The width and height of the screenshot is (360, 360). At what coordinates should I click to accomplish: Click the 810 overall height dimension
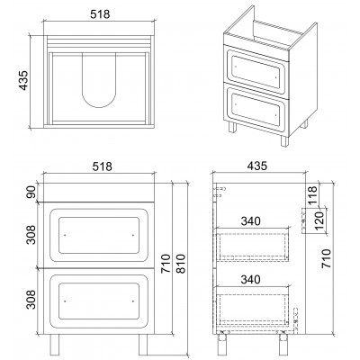tap(181, 264)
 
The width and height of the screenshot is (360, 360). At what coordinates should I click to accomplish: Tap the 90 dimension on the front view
tap(31, 192)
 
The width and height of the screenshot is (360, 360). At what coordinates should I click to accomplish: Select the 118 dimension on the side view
tap(312, 195)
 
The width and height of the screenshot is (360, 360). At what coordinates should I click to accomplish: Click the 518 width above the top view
tap(100, 14)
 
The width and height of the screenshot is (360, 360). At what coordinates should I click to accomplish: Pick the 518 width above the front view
tap(102, 166)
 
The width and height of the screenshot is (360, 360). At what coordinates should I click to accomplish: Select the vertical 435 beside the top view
tap(23, 80)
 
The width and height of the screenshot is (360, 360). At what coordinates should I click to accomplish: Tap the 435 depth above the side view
tap(257, 166)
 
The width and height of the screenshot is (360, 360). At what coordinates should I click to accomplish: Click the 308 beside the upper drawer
tap(31, 235)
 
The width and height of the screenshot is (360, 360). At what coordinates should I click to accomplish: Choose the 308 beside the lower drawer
tap(31, 299)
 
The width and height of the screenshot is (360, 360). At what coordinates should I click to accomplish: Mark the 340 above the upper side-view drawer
tap(250, 221)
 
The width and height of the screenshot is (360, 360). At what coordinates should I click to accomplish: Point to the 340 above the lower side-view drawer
tap(250, 280)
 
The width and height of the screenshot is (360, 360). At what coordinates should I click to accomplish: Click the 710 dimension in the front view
tap(166, 264)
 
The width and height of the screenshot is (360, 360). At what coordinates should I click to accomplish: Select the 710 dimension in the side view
tap(326, 258)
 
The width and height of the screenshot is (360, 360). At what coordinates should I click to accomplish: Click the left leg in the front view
tap(55, 345)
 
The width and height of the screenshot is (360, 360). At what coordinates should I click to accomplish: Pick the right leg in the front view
tap(143, 345)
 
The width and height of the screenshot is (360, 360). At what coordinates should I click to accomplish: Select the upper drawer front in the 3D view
tap(256, 69)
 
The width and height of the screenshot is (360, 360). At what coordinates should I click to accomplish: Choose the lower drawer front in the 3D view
tap(256, 110)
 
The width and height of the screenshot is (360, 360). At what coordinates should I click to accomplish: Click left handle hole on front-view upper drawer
tap(65, 235)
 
